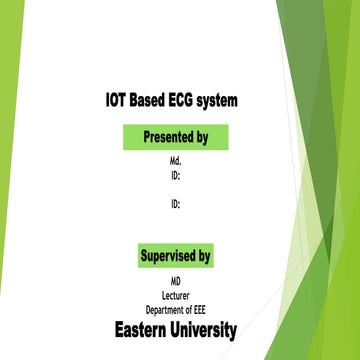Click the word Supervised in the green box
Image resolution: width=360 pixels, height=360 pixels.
[x=169, y=256]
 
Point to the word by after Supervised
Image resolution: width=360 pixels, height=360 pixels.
[x=203, y=256]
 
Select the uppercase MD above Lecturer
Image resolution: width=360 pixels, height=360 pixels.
[x=175, y=284]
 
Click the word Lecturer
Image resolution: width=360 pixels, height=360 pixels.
[x=175, y=297]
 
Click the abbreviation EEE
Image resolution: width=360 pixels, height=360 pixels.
[x=197, y=310]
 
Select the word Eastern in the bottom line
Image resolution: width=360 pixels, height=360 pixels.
[x=142, y=330]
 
